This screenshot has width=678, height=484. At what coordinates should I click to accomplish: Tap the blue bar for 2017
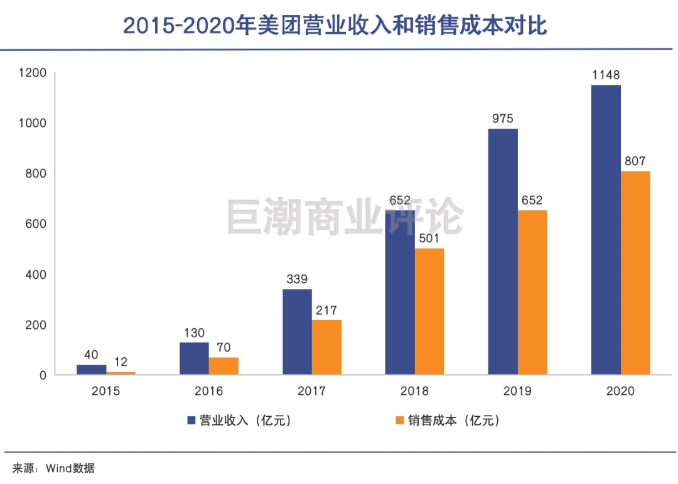[297, 332]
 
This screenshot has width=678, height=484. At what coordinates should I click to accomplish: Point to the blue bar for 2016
[194, 358]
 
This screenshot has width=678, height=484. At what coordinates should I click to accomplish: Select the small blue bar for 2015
[91, 370]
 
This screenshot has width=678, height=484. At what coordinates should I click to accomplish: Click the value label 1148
[606, 75]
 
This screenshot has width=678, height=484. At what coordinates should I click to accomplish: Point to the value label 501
[429, 239]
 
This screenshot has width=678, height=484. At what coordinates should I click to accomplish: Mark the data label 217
[326, 310]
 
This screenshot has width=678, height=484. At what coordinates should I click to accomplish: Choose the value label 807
[635, 161]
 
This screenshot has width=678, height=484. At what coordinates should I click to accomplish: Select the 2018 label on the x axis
[414, 391]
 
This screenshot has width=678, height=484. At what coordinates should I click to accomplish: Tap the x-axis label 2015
[105, 391]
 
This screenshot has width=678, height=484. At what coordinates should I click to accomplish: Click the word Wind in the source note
[58, 468]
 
